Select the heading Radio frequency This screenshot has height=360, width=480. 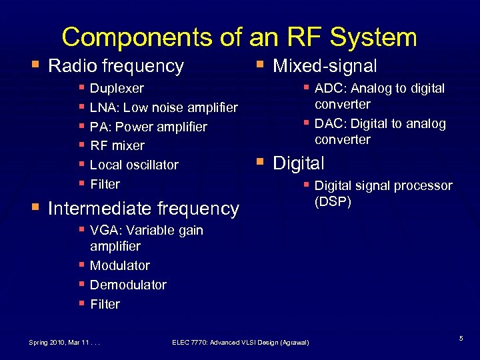coord(116,66)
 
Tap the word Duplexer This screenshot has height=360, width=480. coord(117,88)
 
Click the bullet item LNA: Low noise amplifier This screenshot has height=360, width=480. coord(163,107)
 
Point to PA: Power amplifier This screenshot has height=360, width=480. coord(148,127)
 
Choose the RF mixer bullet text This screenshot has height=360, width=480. coord(117,145)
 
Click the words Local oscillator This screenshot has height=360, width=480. coord(134,165)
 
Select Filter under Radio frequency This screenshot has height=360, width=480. coord(105,184)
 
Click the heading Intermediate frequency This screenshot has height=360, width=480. coord(143,209)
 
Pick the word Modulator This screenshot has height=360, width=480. coord(120,265)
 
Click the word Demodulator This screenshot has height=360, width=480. coord(128,285)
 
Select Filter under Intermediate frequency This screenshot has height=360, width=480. coord(105,304)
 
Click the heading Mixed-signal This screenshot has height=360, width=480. coord(325,66)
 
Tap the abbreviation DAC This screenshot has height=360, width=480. coord(327,123)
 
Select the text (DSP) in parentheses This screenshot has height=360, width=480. coord(333,201)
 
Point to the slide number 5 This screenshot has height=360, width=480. coord(461,340)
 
